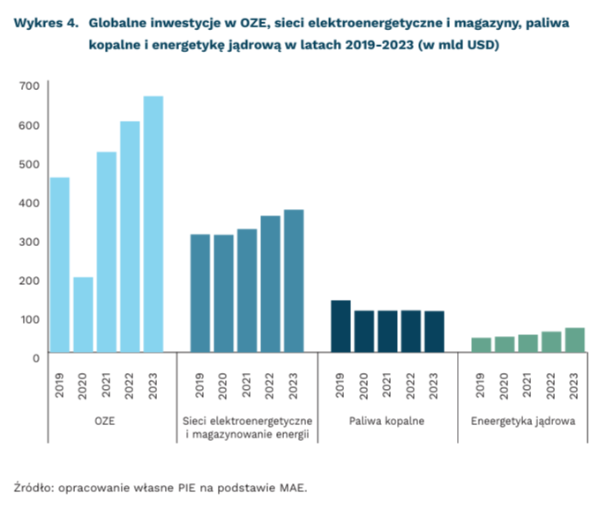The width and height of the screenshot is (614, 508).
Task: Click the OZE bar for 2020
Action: tap(83, 315)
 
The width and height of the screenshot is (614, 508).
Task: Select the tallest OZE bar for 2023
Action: tap(153, 224)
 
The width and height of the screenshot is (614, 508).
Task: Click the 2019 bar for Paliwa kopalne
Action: tap(341, 326)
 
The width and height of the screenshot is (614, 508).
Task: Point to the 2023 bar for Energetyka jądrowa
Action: tap(574, 340)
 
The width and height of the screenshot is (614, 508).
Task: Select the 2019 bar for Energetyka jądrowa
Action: tap(481, 345)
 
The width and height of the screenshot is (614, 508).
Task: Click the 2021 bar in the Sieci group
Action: tap(247, 290)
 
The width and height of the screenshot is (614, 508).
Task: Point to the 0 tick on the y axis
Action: tap(36, 357)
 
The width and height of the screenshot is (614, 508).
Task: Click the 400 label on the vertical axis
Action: tap(28, 203)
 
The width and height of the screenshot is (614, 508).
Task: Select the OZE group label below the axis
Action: tap(106, 422)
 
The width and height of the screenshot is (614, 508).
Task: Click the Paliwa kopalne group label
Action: tap(387, 422)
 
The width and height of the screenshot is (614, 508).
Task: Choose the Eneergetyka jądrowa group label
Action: tap(527, 422)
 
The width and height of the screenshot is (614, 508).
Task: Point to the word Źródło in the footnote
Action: tap(34, 486)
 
